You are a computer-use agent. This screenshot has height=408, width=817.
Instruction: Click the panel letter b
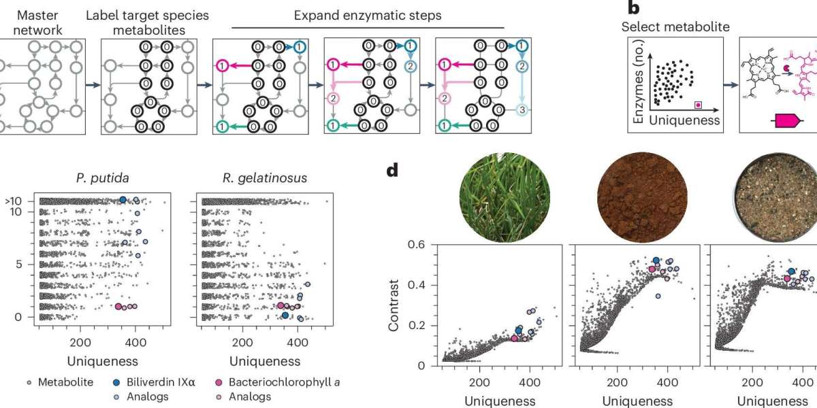[x=633, y=8]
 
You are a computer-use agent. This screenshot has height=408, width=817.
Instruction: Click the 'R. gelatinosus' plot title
[x=263, y=179]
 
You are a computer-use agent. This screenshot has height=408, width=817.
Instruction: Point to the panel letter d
[x=392, y=169]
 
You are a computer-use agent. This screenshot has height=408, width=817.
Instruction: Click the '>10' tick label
[x=14, y=201]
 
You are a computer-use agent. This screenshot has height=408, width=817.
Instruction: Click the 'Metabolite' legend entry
[x=60, y=383]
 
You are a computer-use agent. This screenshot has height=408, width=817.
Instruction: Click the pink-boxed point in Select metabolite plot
[x=696, y=105]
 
